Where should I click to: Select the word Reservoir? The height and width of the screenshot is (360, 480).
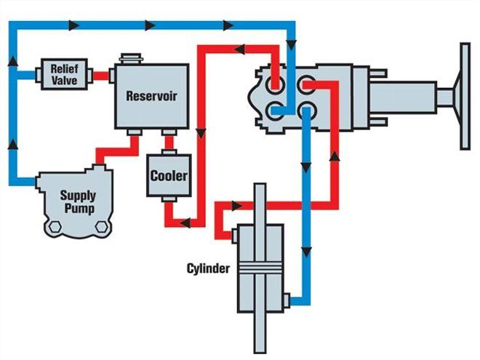point(151,95)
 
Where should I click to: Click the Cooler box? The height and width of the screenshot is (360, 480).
point(169,175)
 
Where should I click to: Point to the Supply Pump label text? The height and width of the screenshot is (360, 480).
point(78,202)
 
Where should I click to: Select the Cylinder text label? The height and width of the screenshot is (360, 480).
point(207,268)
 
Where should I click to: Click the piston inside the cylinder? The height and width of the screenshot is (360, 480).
point(260,268)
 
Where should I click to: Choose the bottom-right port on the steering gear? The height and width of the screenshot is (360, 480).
point(306,111)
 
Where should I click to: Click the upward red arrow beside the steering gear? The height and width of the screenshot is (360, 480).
point(335,156)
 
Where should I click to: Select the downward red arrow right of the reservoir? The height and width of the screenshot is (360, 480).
point(199,135)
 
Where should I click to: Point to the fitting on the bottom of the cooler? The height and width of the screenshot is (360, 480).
point(168,201)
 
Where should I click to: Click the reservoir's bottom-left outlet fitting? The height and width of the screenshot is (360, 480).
point(135,133)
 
